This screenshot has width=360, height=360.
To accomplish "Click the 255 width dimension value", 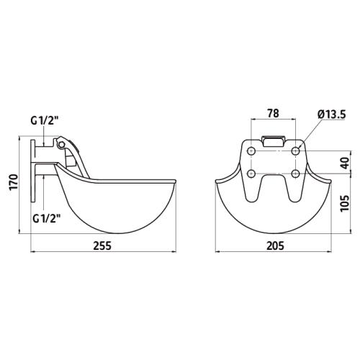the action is coord(102,246).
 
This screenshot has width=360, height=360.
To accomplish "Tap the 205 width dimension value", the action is coord(275,246).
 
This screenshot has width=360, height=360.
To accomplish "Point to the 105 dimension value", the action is coord(345,203).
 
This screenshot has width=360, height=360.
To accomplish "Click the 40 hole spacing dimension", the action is coord(345,163).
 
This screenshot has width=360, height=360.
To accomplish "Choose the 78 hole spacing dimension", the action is coord(273,113).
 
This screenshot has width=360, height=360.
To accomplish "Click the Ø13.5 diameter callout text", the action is coord(331,114).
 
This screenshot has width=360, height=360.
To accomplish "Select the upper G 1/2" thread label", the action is coord(45,121).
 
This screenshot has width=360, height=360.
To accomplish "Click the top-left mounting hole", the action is coord(251,151).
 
